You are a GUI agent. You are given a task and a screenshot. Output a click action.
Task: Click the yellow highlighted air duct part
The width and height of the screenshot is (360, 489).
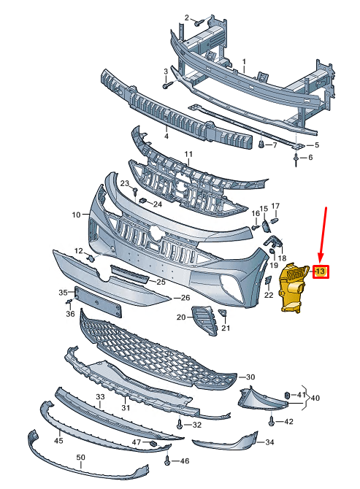[292, 288]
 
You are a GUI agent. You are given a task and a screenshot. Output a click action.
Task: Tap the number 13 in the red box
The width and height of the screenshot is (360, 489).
[320, 272]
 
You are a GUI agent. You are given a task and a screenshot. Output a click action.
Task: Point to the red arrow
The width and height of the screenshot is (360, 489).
[323, 234]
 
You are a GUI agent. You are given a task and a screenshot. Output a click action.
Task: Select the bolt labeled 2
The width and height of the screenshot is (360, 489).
[199, 23]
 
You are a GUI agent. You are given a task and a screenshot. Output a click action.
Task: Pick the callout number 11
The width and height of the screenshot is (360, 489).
[188, 154]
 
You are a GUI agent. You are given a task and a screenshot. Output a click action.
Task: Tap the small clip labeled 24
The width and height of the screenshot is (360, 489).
[143, 200]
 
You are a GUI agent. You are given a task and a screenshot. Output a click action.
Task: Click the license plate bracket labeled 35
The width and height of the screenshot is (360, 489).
[98, 301]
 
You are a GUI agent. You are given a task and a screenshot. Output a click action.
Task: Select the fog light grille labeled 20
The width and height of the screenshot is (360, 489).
[204, 320]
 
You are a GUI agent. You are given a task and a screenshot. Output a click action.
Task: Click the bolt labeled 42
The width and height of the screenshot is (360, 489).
[271, 421]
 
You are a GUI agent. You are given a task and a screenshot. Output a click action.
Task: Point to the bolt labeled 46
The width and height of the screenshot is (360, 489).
[167, 460]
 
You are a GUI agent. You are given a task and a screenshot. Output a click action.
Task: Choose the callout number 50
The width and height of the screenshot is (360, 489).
[81, 457]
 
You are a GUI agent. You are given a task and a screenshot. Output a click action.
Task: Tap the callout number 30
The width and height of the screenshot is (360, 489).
[250, 377]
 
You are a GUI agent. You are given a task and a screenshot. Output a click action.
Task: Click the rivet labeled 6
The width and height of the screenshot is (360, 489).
[296, 159]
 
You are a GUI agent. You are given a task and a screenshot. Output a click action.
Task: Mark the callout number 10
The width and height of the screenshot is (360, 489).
[76, 215]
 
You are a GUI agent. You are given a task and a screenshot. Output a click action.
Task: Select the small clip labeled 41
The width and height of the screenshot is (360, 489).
[287, 396]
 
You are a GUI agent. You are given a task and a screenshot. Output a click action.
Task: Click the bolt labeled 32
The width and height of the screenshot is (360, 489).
[180, 423]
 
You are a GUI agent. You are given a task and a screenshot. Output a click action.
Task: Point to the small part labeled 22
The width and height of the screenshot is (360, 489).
[268, 280]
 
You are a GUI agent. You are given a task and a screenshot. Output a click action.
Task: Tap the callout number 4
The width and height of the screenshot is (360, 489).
[166, 136]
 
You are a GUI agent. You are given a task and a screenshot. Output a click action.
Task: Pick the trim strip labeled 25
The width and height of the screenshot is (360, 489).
[130, 274]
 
